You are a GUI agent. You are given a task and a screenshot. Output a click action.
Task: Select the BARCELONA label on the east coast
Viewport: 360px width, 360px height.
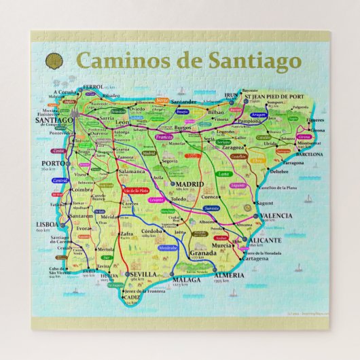tap(308, 154)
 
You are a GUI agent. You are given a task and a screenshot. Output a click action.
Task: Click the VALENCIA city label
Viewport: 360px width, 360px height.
tap(276, 215)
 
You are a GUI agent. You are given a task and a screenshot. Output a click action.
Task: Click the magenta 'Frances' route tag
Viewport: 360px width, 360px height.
tap(164, 137)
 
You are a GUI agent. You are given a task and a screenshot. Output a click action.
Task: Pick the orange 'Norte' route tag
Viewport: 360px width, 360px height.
tap(162, 100)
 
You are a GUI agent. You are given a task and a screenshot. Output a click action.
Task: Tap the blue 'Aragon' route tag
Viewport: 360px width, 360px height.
tap(258, 115)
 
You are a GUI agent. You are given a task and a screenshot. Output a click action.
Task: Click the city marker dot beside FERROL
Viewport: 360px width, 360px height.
tap(79, 88)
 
